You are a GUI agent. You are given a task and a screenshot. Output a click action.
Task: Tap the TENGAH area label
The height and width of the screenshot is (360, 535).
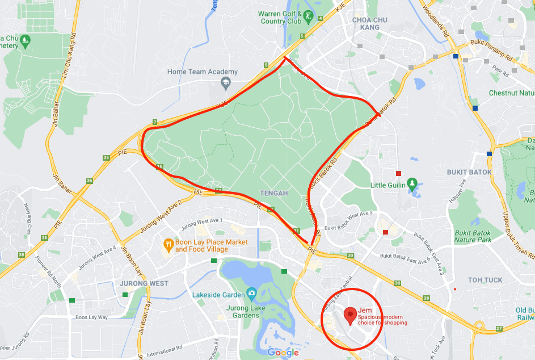273,193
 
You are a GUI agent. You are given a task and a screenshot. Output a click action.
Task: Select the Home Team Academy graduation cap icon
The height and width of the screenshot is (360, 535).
225,83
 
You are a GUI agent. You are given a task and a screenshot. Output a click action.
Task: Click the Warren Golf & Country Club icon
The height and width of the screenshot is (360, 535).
308,16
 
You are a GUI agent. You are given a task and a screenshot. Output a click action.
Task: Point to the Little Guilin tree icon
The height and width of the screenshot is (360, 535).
412,185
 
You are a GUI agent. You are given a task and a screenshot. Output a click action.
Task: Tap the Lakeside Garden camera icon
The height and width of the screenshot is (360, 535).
250,294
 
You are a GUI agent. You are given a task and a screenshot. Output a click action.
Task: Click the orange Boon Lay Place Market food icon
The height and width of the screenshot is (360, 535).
168,245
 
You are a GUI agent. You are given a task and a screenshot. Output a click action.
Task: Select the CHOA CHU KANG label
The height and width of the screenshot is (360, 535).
370,23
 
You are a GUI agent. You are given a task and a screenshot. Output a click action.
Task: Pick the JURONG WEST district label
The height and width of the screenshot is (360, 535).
144,283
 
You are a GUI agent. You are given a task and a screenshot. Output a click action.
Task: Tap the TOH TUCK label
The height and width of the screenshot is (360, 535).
485,280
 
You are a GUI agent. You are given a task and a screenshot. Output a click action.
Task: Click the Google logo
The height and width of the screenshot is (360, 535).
283,353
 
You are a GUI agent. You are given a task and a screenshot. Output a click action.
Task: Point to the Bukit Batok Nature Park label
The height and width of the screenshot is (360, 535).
473,236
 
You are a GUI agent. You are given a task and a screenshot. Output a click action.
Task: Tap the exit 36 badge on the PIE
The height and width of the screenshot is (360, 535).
89,181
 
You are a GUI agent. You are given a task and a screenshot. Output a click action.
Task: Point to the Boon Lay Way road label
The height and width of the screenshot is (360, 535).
91,317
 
